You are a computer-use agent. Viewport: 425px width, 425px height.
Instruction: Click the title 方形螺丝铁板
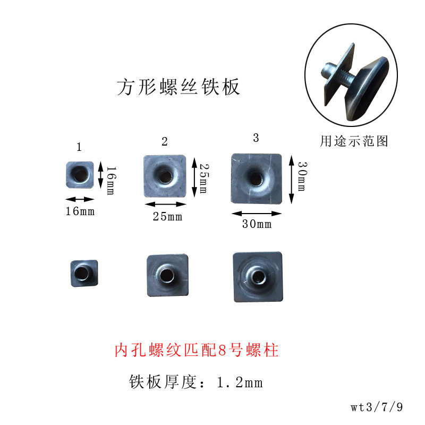click(178, 87)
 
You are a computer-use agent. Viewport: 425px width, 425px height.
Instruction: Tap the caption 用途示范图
click(354, 141)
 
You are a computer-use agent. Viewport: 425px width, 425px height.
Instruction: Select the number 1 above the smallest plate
click(79, 147)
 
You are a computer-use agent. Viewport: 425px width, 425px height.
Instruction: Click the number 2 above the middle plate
click(165, 141)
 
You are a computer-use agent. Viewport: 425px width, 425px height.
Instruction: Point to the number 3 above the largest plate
click(256, 138)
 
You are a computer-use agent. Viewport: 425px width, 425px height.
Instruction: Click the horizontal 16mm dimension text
click(80, 211)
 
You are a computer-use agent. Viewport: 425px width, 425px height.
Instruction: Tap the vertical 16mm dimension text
click(111, 181)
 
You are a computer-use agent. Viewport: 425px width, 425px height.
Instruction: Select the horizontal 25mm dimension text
click(167, 217)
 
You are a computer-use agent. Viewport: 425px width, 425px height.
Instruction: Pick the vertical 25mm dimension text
click(204, 178)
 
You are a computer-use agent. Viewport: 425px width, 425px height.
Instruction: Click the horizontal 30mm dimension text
click(257, 224)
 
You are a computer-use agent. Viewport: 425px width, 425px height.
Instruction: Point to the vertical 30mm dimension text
click(302, 176)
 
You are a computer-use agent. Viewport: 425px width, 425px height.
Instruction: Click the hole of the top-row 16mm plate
click(80, 174)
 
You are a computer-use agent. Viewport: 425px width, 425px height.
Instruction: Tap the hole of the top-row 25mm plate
click(165, 176)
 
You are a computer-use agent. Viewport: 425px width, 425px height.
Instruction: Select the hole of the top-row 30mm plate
click(256, 178)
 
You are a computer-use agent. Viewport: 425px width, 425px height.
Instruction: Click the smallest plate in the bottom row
click(84, 273)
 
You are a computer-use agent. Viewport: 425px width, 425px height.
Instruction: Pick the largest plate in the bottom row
click(258, 277)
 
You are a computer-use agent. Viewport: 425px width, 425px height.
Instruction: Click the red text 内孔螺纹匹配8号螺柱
click(197, 350)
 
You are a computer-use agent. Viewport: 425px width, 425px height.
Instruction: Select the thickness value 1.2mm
click(240, 382)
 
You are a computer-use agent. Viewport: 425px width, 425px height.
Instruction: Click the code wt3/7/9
click(377, 407)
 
